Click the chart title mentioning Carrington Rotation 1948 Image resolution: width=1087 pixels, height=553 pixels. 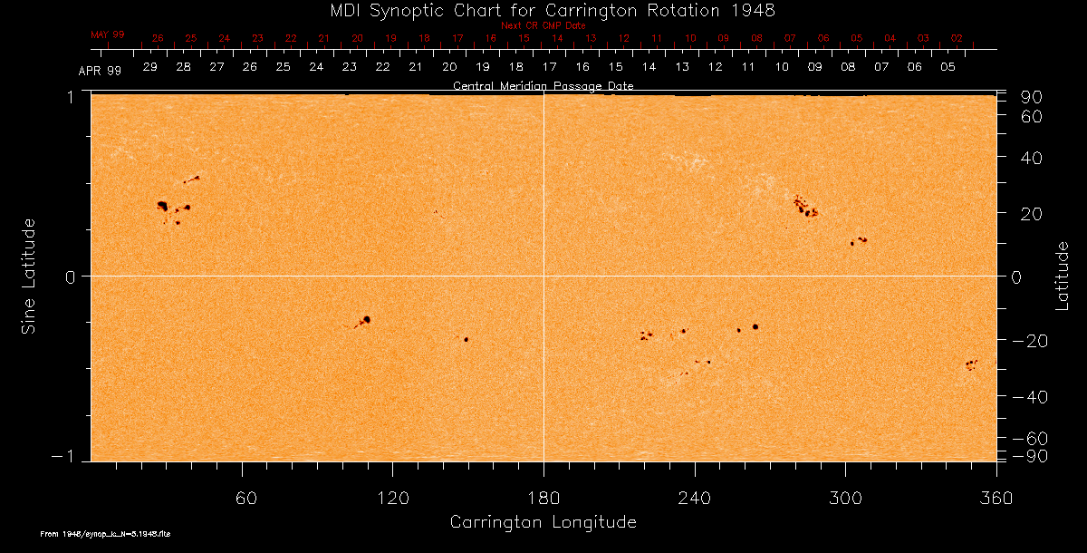543,10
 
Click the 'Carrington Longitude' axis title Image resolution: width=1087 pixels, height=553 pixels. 543,522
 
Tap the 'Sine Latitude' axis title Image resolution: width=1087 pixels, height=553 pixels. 29,276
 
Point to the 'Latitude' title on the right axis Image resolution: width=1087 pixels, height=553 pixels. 1063,276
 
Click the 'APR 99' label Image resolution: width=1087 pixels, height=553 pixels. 100,70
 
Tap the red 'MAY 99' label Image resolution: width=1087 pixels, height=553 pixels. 108,34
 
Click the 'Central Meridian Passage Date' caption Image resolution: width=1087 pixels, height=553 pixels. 543,85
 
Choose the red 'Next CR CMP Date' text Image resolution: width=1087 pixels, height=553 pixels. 543,25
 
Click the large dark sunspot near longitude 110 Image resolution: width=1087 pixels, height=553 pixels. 367,319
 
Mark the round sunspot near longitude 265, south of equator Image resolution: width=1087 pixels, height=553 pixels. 755,326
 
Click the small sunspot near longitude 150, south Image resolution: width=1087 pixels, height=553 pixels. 466,339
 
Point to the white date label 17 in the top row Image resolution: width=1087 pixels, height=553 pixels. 549,67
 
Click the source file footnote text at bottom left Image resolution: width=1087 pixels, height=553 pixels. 106,534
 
